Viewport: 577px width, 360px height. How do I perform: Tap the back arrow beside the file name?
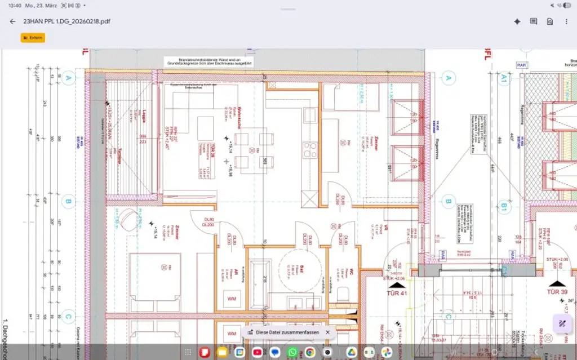tap(12, 21)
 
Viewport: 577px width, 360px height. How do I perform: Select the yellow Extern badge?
tap(33, 38)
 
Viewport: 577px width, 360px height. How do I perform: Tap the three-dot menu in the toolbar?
tap(566, 21)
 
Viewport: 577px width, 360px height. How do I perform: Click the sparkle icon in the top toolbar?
tap(517, 21)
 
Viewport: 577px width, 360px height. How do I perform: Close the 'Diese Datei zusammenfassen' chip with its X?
tap(327, 332)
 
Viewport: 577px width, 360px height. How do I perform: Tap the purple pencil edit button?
tap(562, 323)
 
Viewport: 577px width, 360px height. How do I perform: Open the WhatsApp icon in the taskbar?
tap(292, 352)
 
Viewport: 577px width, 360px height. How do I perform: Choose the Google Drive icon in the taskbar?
tap(351, 352)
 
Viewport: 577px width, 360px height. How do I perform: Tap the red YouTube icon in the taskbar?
tap(257, 352)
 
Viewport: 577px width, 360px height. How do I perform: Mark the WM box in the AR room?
tap(231, 298)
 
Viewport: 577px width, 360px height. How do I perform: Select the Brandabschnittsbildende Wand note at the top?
tap(208, 61)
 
